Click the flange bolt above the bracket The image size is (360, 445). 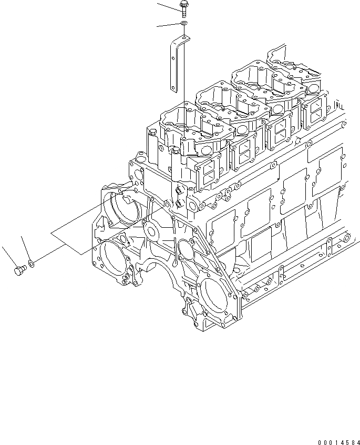tap(183, 7)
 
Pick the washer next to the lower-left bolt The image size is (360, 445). tap(32, 261)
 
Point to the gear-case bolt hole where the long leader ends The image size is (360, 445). tap(167, 203)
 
